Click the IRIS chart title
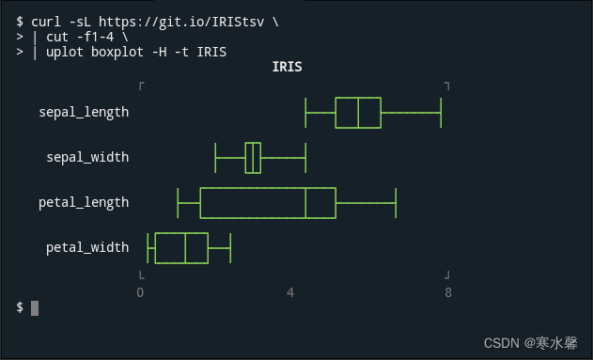tap(287, 68)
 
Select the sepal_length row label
tap(84, 113)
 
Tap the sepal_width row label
tap(87, 157)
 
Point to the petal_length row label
tap(84, 202)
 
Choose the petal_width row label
tap(87, 247)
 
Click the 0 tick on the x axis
tap(140, 292)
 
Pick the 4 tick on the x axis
tap(290, 292)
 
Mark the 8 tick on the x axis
tap(448, 292)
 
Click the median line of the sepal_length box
tap(358, 113)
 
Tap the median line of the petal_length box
tap(305, 202)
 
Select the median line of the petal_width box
tap(185, 247)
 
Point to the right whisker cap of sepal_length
tap(441, 113)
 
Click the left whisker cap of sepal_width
tap(215, 157)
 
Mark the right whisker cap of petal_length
tap(396, 202)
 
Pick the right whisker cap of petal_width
tap(230, 247)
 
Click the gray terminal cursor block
tap(35, 307)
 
